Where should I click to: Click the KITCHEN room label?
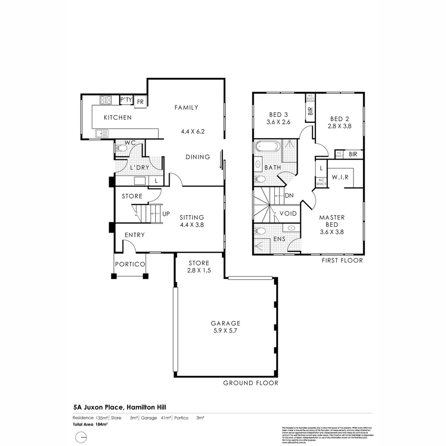click(118, 118)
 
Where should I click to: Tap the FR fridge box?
click(140, 102)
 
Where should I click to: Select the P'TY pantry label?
click(126, 100)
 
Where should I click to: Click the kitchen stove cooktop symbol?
click(106, 100)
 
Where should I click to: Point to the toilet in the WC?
click(121, 148)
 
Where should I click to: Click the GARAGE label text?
click(225, 323)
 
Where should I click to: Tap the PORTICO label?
click(130, 264)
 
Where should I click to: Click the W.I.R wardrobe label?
click(340, 177)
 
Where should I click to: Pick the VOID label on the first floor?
click(288, 214)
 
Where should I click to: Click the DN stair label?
click(289, 196)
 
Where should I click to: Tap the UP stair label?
click(166, 214)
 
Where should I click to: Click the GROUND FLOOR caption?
click(251, 383)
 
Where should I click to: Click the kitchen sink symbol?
click(102, 133)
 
